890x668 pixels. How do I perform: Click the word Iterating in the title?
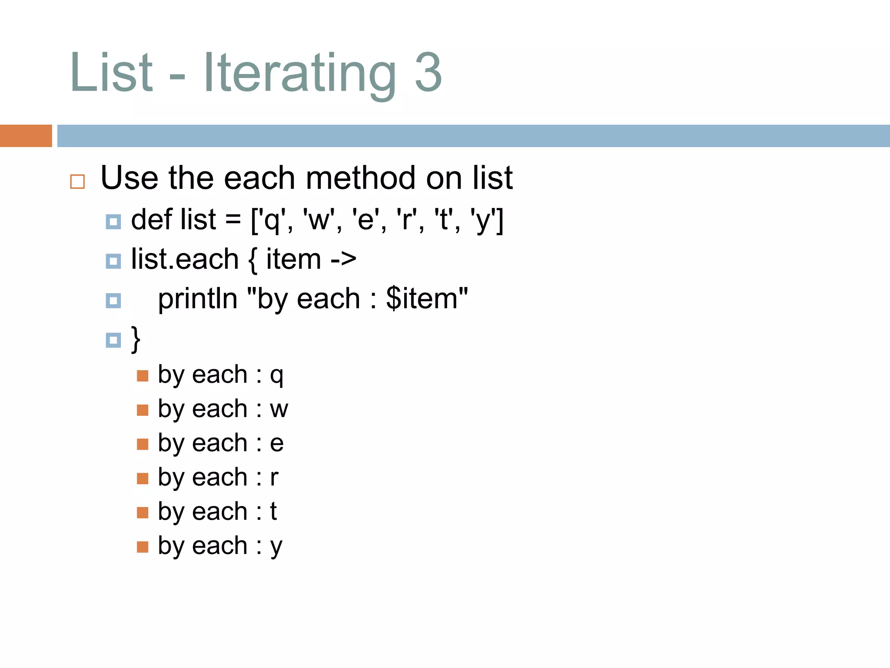click(300, 73)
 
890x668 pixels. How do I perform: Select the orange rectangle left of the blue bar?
click(26, 136)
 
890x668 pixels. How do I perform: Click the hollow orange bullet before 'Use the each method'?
click(77, 181)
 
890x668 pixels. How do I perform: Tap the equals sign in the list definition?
click(233, 219)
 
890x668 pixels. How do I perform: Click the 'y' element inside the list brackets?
click(483, 220)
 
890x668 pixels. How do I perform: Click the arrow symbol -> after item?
click(343, 260)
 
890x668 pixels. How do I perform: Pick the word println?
click(197, 299)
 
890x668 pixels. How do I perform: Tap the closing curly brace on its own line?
click(136, 339)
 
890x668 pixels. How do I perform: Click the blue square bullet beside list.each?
click(113, 261)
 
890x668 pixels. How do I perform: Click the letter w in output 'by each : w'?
click(279, 409)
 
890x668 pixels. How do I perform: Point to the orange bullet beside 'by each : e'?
click(143, 444)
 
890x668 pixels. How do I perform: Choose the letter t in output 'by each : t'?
click(273, 511)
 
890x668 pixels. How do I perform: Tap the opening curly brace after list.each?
click(252, 260)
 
